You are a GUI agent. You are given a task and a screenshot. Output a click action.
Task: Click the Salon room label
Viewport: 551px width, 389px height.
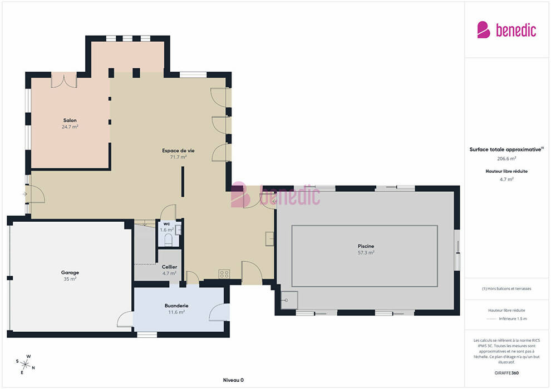70,121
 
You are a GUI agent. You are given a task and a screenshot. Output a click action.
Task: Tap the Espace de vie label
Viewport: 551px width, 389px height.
178,151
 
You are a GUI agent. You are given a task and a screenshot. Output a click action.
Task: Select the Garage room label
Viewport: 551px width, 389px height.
70,272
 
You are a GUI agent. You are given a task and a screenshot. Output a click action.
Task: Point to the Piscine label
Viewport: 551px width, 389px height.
366,246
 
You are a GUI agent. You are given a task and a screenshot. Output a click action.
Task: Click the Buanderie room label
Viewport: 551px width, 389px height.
176,306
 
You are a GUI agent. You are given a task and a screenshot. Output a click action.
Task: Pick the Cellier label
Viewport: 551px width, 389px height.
169,267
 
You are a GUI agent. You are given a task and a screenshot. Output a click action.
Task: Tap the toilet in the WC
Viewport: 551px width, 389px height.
168,240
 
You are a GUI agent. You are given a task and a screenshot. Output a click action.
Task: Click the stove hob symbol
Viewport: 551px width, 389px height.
224,274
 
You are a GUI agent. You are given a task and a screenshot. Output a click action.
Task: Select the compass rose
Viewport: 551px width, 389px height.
26,365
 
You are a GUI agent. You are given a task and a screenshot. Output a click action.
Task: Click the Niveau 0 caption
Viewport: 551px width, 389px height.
233,380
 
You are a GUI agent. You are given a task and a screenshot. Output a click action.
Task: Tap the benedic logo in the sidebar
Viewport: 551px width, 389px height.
506,30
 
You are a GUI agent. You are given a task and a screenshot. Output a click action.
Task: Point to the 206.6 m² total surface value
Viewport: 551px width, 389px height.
506,158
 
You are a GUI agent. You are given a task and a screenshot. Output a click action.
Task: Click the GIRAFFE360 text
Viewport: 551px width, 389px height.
506,373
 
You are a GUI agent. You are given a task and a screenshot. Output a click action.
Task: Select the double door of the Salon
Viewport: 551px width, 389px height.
64,81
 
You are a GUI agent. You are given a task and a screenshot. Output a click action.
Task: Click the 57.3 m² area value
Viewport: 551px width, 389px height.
366,252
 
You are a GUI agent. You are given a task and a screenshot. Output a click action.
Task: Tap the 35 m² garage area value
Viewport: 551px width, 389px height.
70,279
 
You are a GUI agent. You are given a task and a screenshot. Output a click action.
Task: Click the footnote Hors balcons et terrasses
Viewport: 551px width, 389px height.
506,288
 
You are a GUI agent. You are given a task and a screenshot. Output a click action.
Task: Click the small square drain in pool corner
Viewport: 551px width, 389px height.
289,300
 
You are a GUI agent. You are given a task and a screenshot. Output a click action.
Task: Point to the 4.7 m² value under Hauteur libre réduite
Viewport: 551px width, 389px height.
506,179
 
